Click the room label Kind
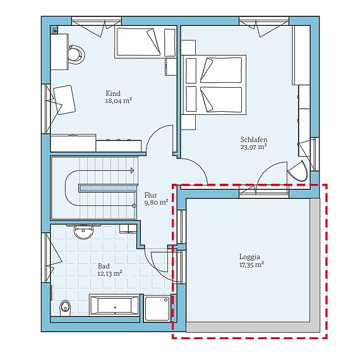pos(114,93)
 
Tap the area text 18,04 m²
pos(118,100)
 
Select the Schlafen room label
pos(253,139)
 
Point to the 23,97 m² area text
pos(253,147)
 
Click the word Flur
pos(150,195)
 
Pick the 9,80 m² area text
pos(155,203)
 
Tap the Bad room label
pos(103,266)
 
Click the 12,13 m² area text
pos(110,273)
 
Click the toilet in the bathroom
pos(65,308)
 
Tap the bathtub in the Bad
pos(114,306)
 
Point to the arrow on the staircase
pos(132,169)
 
